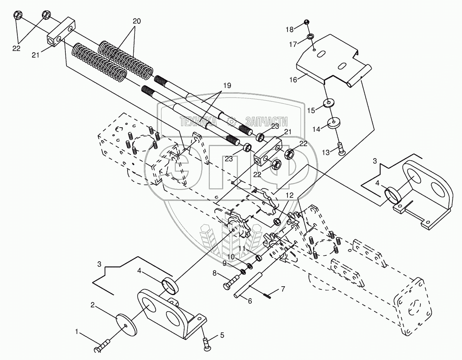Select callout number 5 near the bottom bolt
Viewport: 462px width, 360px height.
(222, 335)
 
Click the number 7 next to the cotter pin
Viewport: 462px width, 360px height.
(283, 289)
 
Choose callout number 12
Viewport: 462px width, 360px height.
(290, 195)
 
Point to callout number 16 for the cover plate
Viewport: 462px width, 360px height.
(294, 80)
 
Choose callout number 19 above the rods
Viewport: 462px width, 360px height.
(227, 86)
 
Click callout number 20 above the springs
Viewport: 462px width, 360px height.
(136, 22)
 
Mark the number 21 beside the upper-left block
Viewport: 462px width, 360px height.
(35, 55)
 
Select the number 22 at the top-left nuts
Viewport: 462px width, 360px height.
(16, 48)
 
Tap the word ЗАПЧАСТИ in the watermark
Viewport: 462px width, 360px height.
(266, 122)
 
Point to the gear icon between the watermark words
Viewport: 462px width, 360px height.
(231, 121)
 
